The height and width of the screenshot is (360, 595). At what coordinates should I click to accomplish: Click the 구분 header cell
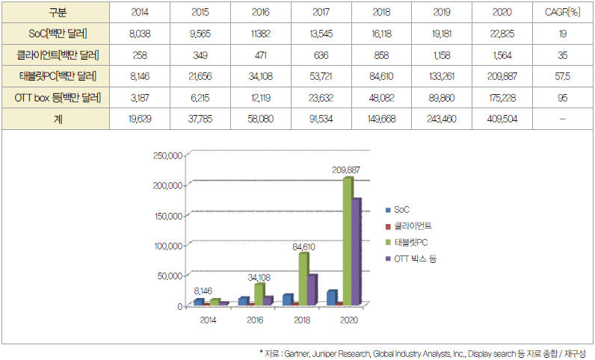[55, 13]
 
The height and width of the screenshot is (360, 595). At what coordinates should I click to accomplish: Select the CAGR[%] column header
[562, 13]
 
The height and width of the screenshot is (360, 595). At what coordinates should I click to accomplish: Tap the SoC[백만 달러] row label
[55, 33]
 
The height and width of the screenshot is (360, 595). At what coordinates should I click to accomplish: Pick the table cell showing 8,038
[141, 33]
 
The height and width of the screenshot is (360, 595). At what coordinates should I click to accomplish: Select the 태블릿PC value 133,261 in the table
[441, 75]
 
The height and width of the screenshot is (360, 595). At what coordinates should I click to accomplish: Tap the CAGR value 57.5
[562, 75]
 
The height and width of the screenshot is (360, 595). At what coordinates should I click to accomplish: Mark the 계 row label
[55, 118]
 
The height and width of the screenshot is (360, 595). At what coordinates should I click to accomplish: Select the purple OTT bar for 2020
[357, 251]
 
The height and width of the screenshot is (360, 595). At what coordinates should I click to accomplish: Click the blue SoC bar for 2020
[332, 297]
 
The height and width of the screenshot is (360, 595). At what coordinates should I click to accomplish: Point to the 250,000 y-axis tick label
[167, 156]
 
